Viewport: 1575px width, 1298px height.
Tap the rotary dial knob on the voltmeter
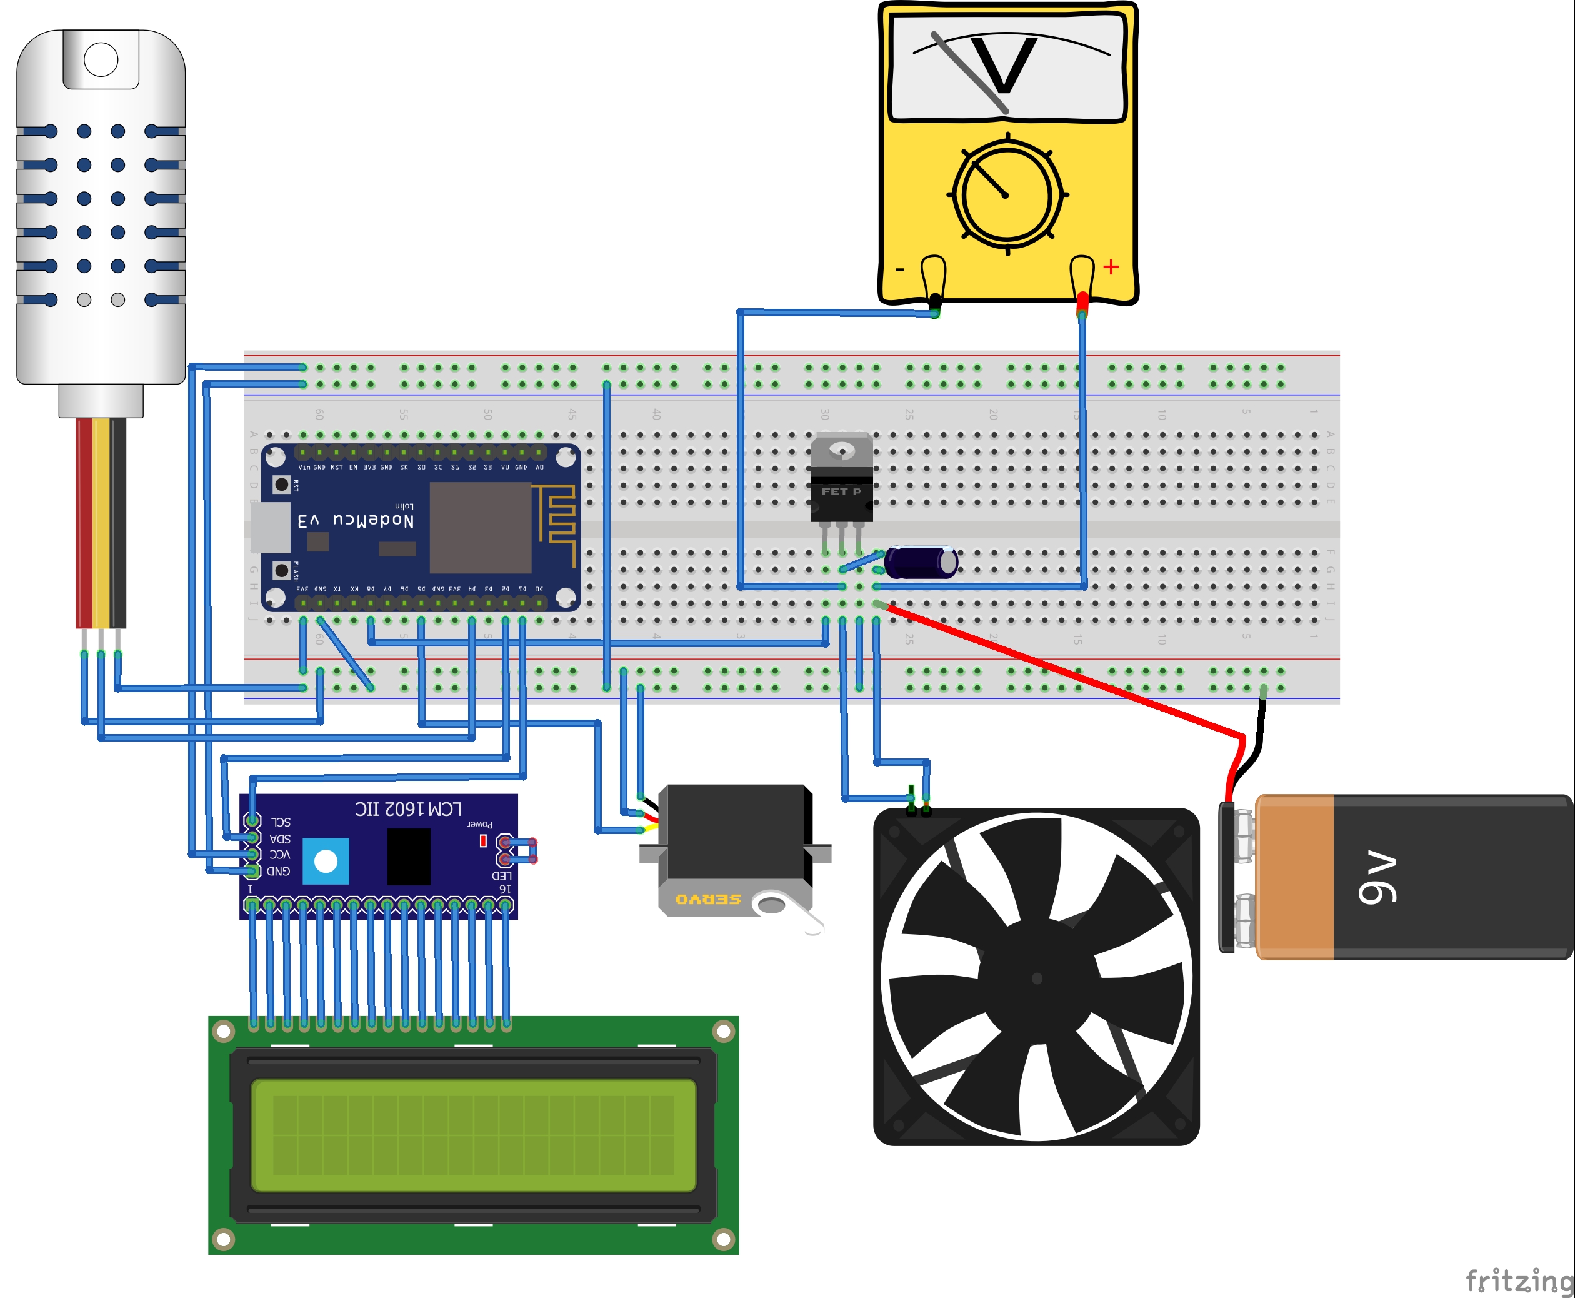[1007, 194]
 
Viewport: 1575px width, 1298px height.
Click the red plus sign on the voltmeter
[1111, 267]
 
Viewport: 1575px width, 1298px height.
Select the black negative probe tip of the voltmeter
[935, 301]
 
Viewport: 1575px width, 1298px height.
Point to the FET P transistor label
[841, 491]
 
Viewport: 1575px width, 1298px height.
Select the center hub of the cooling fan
[1037, 978]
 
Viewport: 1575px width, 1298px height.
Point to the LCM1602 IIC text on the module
[408, 809]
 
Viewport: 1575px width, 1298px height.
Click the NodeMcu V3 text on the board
[356, 520]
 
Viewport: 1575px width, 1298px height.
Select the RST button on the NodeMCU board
[282, 485]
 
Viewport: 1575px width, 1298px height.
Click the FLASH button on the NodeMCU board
[282, 570]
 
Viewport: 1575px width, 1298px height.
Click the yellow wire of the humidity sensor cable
[101, 523]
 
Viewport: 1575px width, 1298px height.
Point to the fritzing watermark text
[1519, 1280]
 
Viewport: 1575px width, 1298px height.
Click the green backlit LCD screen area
[473, 1134]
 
